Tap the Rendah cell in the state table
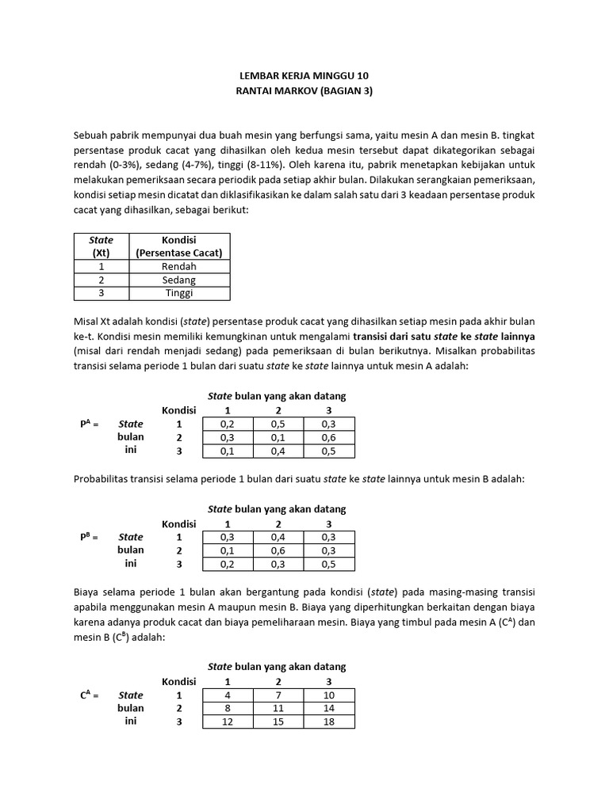179,267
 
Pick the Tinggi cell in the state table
179,293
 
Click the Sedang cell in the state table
179,280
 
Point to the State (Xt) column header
101,246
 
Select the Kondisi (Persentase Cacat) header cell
179,246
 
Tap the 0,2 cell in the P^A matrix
228,424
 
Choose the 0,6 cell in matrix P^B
278,550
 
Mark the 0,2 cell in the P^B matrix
228,564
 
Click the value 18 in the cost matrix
329,722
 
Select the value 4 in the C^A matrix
228,695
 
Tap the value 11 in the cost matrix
278,709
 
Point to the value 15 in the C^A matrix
278,722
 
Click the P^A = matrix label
89,424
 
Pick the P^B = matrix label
89,537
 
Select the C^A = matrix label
89,695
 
